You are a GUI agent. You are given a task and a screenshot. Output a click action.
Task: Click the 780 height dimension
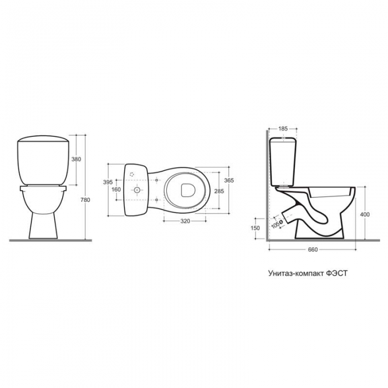click(x=85, y=200)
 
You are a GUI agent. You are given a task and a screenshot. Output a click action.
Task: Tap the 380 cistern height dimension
click(x=76, y=160)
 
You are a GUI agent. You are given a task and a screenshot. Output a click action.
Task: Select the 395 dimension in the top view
click(x=108, y=182)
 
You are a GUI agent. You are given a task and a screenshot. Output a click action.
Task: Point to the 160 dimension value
click(x=116, y=190)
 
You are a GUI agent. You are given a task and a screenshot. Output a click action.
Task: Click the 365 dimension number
click(x=229, y=180)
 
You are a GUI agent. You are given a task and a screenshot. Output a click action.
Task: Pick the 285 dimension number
click(x=219, y=191)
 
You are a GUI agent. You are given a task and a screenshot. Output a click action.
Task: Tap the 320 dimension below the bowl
click(x=185, y=221)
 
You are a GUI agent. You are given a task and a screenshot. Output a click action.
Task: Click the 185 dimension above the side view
click(x=283, y=129)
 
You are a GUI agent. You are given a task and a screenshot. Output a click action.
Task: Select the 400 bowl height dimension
click(x=365, y=215)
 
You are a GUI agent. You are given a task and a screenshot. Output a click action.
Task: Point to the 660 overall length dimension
click(x=313, y=249)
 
